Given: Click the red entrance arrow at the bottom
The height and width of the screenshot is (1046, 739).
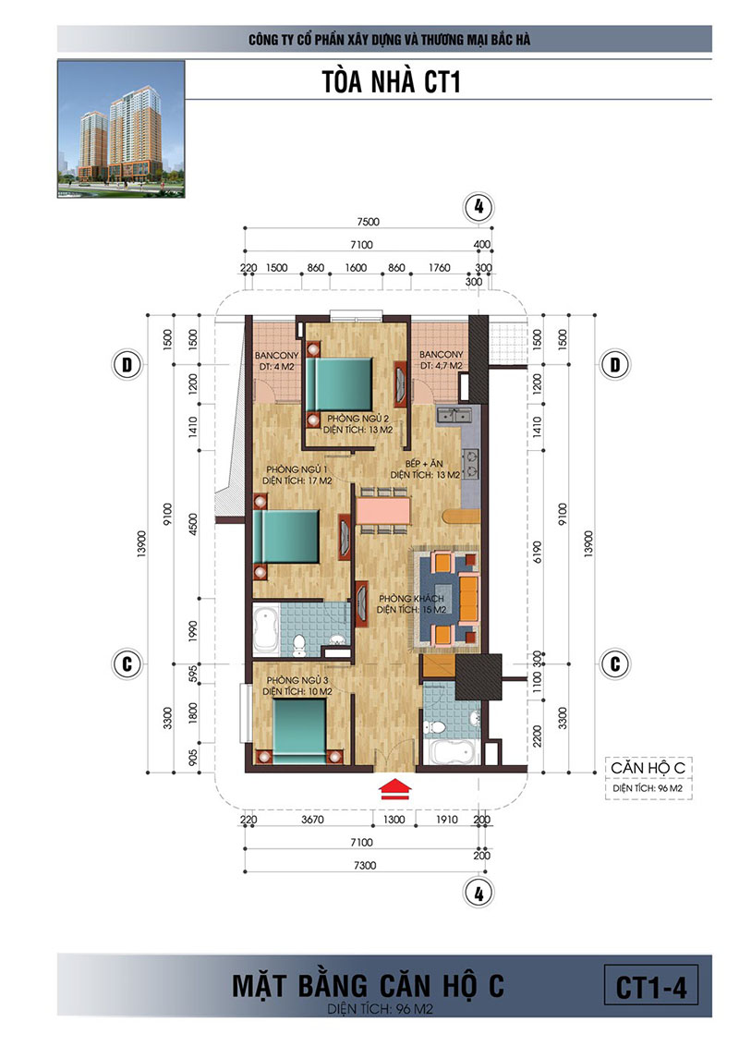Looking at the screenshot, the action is (x=394, y=787).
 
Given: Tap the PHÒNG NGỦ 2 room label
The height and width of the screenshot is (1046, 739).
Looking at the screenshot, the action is (x=358, y=419).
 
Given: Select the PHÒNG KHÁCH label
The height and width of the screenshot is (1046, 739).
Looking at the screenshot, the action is (x=411, y=599).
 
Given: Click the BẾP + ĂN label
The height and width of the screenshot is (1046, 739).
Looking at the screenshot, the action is (x=424, y=464).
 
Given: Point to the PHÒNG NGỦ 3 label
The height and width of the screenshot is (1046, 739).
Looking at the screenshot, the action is (x=297, y=680).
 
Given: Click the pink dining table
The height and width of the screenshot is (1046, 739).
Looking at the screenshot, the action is (x=382, y=511).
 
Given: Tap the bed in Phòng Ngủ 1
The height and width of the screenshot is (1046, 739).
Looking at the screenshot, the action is (x=285, y=537).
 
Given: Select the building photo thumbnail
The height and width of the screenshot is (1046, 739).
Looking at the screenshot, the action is (x=121, y=129).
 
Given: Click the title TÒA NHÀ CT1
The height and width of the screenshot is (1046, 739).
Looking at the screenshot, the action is (x=392, y=82).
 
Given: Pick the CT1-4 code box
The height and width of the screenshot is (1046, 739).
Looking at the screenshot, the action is (x=651, y=987).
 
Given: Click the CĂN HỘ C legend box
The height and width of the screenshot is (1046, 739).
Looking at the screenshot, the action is (x=648, y=778).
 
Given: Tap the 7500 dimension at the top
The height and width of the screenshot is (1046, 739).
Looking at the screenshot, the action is (x=368, y=222).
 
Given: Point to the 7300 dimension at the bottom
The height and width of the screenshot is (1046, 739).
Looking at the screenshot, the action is (x=365, y=865).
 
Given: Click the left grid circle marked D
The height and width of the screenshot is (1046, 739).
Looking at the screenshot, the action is (x=127, y=365).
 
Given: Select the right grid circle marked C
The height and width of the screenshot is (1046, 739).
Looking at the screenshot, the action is (x=615, y=663).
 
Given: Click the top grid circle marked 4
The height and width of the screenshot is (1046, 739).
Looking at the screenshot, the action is (x=479, y=207).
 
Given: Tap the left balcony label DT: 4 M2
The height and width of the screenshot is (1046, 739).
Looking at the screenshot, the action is (x=277, y=366).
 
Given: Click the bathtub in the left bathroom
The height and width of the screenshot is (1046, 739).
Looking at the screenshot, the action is (x=266, y=630).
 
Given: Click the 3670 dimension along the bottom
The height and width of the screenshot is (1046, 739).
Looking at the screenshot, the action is (x=312, y=820).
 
